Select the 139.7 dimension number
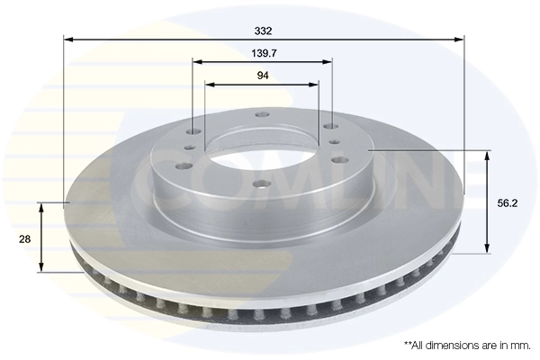coord(263,53)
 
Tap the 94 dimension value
coord(263,76)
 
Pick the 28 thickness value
coord(24,238)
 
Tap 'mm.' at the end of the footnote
coord(520,345)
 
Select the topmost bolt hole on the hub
coord(262,114)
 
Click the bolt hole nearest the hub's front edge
coord(260,184)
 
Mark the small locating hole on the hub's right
coord(334,142)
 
